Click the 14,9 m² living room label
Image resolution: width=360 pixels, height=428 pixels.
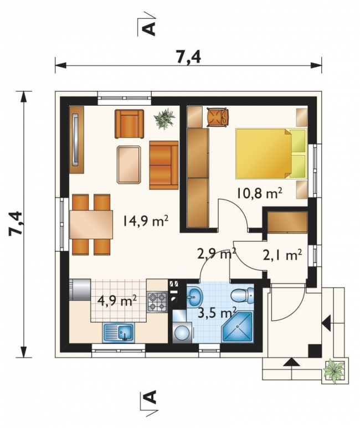[146, 221]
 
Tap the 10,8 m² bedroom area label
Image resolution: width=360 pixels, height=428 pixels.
[259, 193]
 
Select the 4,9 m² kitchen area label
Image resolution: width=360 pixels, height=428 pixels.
[117, 302]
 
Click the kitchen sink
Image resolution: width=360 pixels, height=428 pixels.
[119, 332]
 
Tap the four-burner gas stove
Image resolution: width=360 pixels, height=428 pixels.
[157, 302]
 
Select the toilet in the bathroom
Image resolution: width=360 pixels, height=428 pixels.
[243, 295]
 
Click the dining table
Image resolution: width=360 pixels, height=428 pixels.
[91, 224]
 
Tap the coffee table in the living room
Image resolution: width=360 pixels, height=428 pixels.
[129, 164]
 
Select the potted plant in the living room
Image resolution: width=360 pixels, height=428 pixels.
[164, 118]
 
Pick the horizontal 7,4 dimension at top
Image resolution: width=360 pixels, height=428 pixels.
[188, 65]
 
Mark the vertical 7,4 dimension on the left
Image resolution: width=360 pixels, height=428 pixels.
[24, 224]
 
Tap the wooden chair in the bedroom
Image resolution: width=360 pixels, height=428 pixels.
[218, 117]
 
